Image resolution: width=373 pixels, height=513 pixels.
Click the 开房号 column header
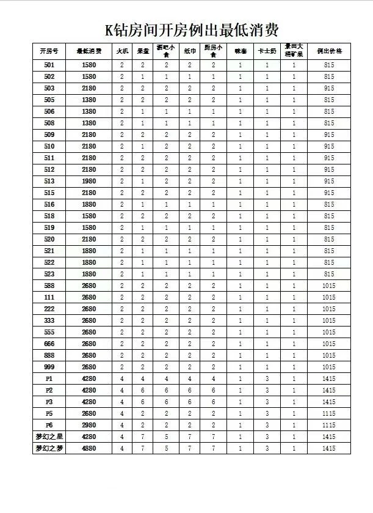[x=49, y=51]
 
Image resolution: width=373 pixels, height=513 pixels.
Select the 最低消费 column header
[x=89, y=51]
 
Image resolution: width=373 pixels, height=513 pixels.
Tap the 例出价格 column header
[x=329, y=51]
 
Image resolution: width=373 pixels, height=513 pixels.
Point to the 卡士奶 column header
[x=267, y=51]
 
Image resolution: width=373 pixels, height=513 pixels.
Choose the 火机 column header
[x=122, y=51]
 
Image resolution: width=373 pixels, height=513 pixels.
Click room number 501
[x=49, y=65]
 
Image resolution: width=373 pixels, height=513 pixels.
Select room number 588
[x=49, y=286]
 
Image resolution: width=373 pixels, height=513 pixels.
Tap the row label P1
[x=49, y=378]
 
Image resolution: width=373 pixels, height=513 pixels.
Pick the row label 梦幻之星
[x=49, y=437]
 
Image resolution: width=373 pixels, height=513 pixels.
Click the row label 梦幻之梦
[x=49, y=448]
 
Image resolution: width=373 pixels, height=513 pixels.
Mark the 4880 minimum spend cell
[x=89, y=448]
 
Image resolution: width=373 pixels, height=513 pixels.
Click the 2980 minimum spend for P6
[x=89, y=425]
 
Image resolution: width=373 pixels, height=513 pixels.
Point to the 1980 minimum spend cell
[x=89, y=181]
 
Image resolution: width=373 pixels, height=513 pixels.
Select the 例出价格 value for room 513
[x=329, y=181]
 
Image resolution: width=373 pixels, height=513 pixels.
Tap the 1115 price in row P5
[x=329, y=413]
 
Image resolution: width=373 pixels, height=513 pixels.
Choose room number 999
[x=49, y=367]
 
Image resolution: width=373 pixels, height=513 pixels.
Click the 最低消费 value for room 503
[x=89, y=88]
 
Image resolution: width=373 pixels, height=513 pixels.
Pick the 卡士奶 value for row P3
[x=267, y=402]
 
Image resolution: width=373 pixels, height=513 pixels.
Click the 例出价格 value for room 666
[x=329, y=344]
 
